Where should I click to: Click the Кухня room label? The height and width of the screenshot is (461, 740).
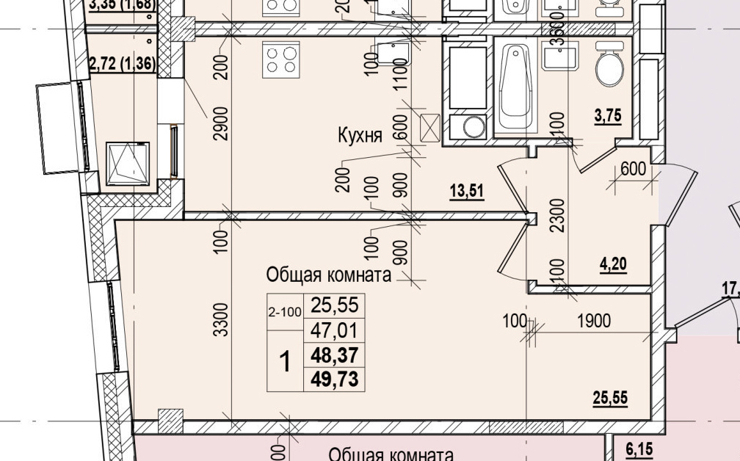[x=360, y=135]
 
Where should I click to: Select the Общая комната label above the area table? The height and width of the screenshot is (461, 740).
[x=327, y=275]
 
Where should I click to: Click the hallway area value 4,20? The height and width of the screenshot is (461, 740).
[x=613, y=264]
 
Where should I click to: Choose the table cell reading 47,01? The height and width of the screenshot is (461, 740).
[x=334, y=330]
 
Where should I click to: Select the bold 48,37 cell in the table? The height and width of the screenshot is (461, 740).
[x=334, y=355]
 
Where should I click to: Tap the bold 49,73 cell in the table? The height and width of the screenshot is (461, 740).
[x=334, y=379]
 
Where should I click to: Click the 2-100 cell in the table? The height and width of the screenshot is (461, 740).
[x=285, y=312]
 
